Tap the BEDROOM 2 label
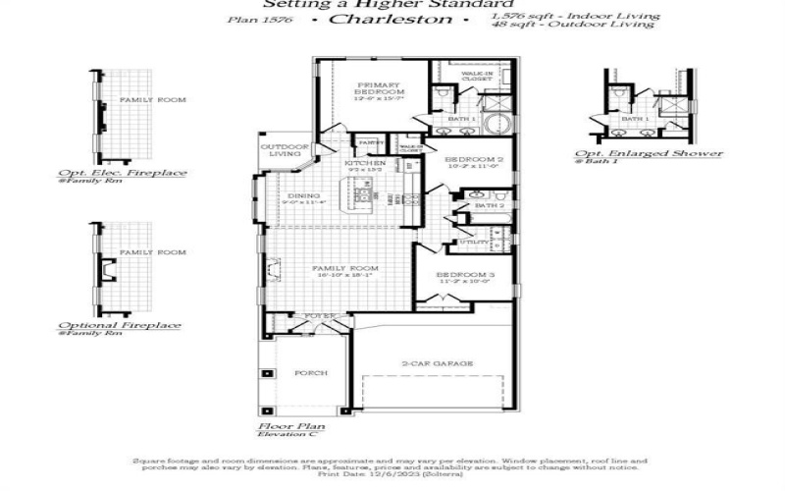(x=474, y=159)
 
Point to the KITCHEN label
(x=365, y=163)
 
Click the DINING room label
(x=303, y=196)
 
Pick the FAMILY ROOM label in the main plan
(x=345, y=268)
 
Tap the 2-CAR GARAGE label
(x=438, y=363)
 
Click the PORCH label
(x=311, y=373)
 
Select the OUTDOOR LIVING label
(x=280, y=150)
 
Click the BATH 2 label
(x=488, y=206)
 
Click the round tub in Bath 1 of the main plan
(x=500, y=124)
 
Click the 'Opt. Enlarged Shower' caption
(x=649, y=153)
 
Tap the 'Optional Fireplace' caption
(x=120, y=326)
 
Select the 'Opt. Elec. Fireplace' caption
(x=122, y=174)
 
